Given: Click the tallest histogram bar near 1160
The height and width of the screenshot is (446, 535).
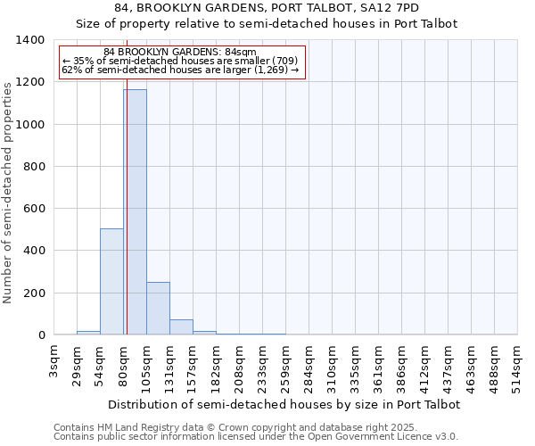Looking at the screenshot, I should (135, 212).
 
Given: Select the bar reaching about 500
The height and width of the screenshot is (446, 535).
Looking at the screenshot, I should (111, 282).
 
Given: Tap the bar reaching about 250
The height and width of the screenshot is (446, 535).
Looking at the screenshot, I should (158, 309).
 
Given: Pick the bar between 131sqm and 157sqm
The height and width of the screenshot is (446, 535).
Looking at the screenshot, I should (181, 327).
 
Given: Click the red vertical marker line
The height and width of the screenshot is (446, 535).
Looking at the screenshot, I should (127, 223).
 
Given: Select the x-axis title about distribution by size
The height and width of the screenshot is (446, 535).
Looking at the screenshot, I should (285, 404).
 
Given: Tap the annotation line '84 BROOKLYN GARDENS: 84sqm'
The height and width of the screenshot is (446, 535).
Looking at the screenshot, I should (180, 52).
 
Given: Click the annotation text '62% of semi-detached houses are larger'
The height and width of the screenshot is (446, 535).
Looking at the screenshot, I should (180, 70).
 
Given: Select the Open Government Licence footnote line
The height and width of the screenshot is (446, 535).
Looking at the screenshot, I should (255, 437).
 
